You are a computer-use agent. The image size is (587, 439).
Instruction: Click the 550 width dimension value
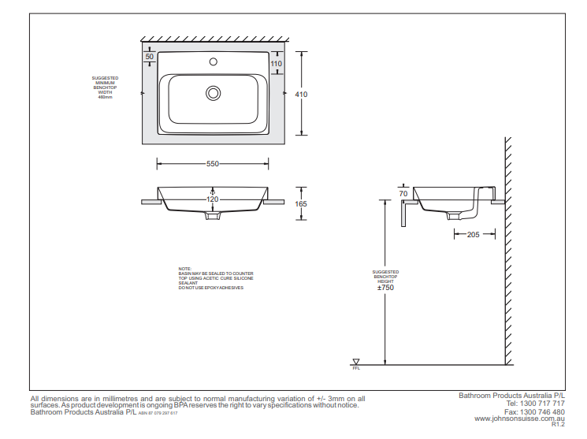(x=213, y=164)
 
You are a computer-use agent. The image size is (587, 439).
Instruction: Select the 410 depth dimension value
(x=300, y=94)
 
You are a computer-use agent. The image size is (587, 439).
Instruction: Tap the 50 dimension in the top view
(x=150, y=56)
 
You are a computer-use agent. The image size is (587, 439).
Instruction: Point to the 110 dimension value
(x=276, y=63)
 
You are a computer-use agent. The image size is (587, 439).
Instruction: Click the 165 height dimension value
(x=301, y=204)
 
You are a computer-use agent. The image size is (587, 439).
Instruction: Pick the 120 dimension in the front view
(x=213, y=199)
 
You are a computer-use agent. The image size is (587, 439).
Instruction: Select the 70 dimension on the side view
(x=403, y=193)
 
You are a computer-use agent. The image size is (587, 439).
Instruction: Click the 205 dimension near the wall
(x=473, y=234)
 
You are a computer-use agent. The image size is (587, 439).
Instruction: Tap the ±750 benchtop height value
(x=385, y=288)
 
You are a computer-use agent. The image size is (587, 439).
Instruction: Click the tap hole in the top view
(x=213, y=61)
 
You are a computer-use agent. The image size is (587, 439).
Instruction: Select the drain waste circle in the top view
(x=213, y=93)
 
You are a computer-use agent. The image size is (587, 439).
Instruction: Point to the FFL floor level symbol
(x=356, y=363)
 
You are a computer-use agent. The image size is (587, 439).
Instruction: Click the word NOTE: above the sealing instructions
(x=185, y=269)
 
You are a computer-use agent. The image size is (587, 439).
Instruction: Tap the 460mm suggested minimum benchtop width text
(x=106, y=97)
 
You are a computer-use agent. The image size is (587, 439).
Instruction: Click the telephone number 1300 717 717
(x=543, y=404)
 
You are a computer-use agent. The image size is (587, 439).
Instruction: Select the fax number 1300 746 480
(x=543, y=411)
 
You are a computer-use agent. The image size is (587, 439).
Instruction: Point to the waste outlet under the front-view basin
(x=213, y=214)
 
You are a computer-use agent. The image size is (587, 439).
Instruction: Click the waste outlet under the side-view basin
(x=455, y=214)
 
